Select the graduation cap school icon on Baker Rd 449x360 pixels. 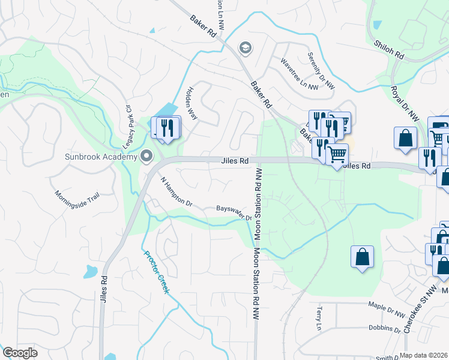pyautogui.click(x=244, y=47)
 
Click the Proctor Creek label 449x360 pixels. pyautogui.click(x=157, y=272)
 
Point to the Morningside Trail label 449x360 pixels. pyautogui.click(x=76, y=203)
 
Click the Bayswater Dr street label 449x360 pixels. pyautogui.click(x=234, y=212)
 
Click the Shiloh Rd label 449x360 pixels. pyautogui.click(x=390, y=50)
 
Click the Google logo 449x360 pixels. pyautogui.click(x=20, y=353)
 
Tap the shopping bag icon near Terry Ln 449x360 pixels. pyautogui.click(x=363, y=257)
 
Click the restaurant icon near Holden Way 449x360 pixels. pyautogui.click(x=168, y=127)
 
